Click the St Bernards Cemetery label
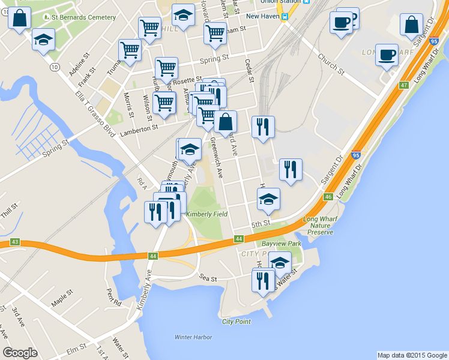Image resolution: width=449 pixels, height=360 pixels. pos(83,17)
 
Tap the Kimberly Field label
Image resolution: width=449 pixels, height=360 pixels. pos(206,214)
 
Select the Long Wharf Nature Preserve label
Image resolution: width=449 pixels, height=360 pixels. pos(320,226)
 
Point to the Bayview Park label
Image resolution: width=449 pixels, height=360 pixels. pos(282,244)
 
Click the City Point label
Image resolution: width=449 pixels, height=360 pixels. pos(236,322)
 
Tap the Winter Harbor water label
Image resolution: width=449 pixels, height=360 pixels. pos(193,337)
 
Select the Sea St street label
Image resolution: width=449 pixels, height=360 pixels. pos(208,279)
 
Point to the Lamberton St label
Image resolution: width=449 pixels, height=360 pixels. pos(139,127)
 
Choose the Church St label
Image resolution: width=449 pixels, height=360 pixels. pos(331,65)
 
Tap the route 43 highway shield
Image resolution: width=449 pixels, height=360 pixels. pos(15,242)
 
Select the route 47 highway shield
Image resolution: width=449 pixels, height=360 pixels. pos(404,86)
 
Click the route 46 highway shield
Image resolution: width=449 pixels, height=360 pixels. pos(328,197)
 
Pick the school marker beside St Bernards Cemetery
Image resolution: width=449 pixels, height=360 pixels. pos(43,40)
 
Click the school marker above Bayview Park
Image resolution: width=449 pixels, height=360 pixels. pos(268,199)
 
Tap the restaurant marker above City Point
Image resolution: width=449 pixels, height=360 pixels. pos(263,281)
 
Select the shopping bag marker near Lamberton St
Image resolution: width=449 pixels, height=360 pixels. pos(225,122)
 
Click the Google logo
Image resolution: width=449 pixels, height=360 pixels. pos(20,353)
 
